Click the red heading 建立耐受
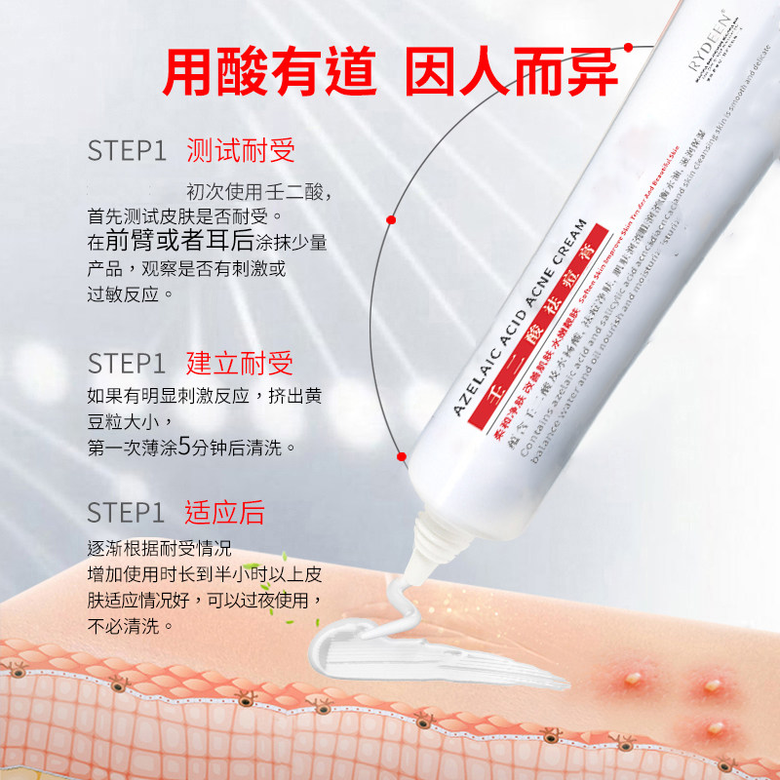tap(240, 364)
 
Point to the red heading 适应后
tap(225, 512)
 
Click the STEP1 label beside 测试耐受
tap(128, 151)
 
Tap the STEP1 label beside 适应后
tap(128, 513)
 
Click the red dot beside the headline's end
tap(629, 46)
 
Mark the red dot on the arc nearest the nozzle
tap(400, 455)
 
